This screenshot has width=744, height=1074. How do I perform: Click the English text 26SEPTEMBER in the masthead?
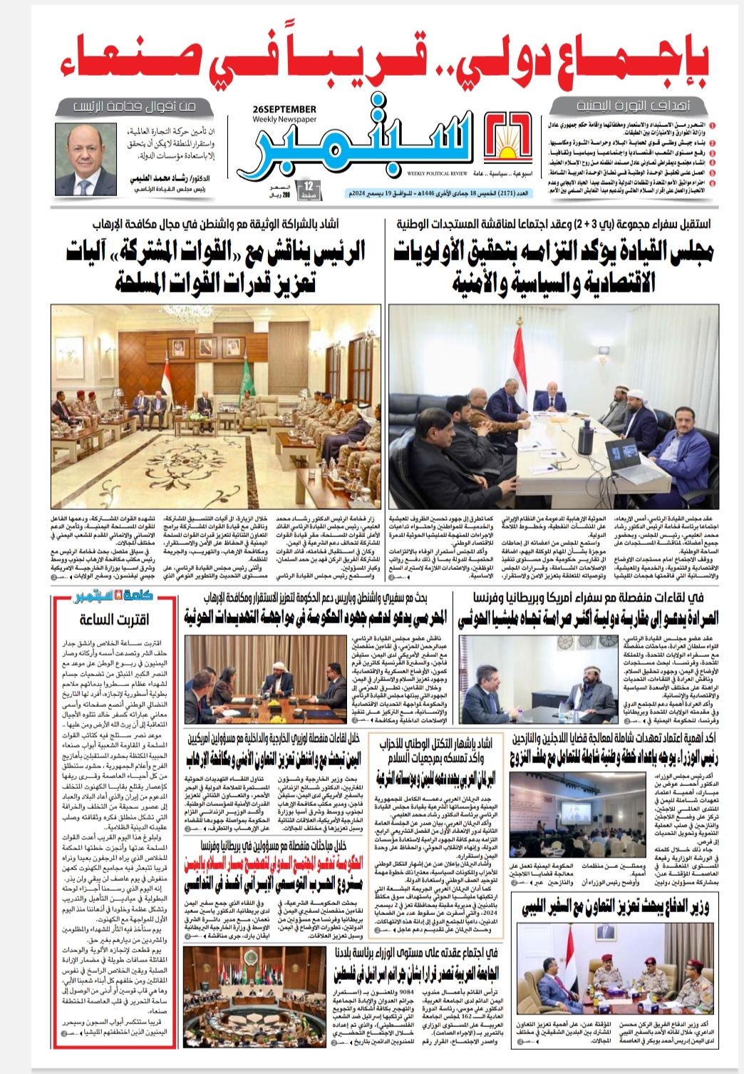coord(284,108)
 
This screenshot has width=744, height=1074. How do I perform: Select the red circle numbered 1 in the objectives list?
coord(713,126)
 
